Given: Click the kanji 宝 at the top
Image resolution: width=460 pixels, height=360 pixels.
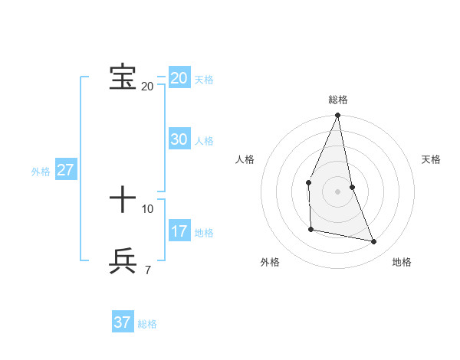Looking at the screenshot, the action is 123,77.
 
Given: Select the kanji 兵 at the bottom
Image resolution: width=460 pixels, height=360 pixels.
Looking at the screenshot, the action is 123,261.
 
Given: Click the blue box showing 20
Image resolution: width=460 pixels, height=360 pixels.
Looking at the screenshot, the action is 179,78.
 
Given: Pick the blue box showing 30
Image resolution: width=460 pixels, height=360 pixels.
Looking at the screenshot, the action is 179,139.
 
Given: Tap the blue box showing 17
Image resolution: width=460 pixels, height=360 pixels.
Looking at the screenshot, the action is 179,231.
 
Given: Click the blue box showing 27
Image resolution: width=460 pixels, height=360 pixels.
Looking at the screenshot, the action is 65,170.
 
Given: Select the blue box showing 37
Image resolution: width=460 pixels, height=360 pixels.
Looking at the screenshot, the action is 123,322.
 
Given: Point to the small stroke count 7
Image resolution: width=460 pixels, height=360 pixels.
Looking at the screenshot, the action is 147,270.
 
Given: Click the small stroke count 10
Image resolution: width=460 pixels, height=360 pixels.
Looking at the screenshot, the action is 147,208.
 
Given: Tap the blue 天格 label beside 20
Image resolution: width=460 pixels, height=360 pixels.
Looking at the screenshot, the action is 204,80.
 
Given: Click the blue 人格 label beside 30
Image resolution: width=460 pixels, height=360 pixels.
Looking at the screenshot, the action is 204,141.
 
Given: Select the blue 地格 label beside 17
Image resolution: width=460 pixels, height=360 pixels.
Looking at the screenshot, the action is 204,233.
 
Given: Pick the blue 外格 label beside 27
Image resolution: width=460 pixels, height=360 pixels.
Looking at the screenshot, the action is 41,172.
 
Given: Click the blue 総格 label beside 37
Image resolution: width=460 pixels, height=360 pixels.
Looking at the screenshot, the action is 147,324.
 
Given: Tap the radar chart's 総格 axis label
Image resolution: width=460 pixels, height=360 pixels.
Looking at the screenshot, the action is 338,100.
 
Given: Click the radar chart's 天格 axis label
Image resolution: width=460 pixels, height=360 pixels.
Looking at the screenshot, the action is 431,159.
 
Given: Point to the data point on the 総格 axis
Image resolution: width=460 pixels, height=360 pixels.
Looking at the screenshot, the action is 337,116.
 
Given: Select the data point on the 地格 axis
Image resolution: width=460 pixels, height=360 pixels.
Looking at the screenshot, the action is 374,242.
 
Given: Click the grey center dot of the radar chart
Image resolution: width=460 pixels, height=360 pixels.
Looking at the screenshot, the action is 337,191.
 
